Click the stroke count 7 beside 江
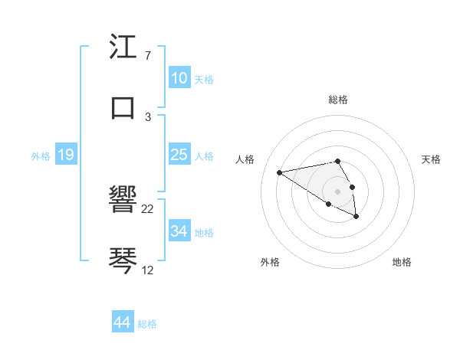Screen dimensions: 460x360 pos(147,57)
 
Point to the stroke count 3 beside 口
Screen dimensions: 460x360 pos(147,116)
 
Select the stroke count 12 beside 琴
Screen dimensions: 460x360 pos(148,270)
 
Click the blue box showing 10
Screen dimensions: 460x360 pos(179,78)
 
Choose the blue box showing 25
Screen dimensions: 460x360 pos(179,155)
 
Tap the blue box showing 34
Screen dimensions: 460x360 pos(179,231)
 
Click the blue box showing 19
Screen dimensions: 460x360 pos(65,155)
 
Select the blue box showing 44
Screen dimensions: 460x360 pos(123,322)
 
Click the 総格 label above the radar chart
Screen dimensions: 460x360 pos(338,100)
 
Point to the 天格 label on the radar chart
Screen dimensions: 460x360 pos(431,159)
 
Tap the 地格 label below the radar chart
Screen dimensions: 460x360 pos(402,262)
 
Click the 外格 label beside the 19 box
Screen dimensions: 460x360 pos(41,156)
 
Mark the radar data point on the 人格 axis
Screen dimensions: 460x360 pos(280,172)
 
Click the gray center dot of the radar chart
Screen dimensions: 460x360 pos(337,191)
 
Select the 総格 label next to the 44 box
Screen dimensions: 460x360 pos(147,324)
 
